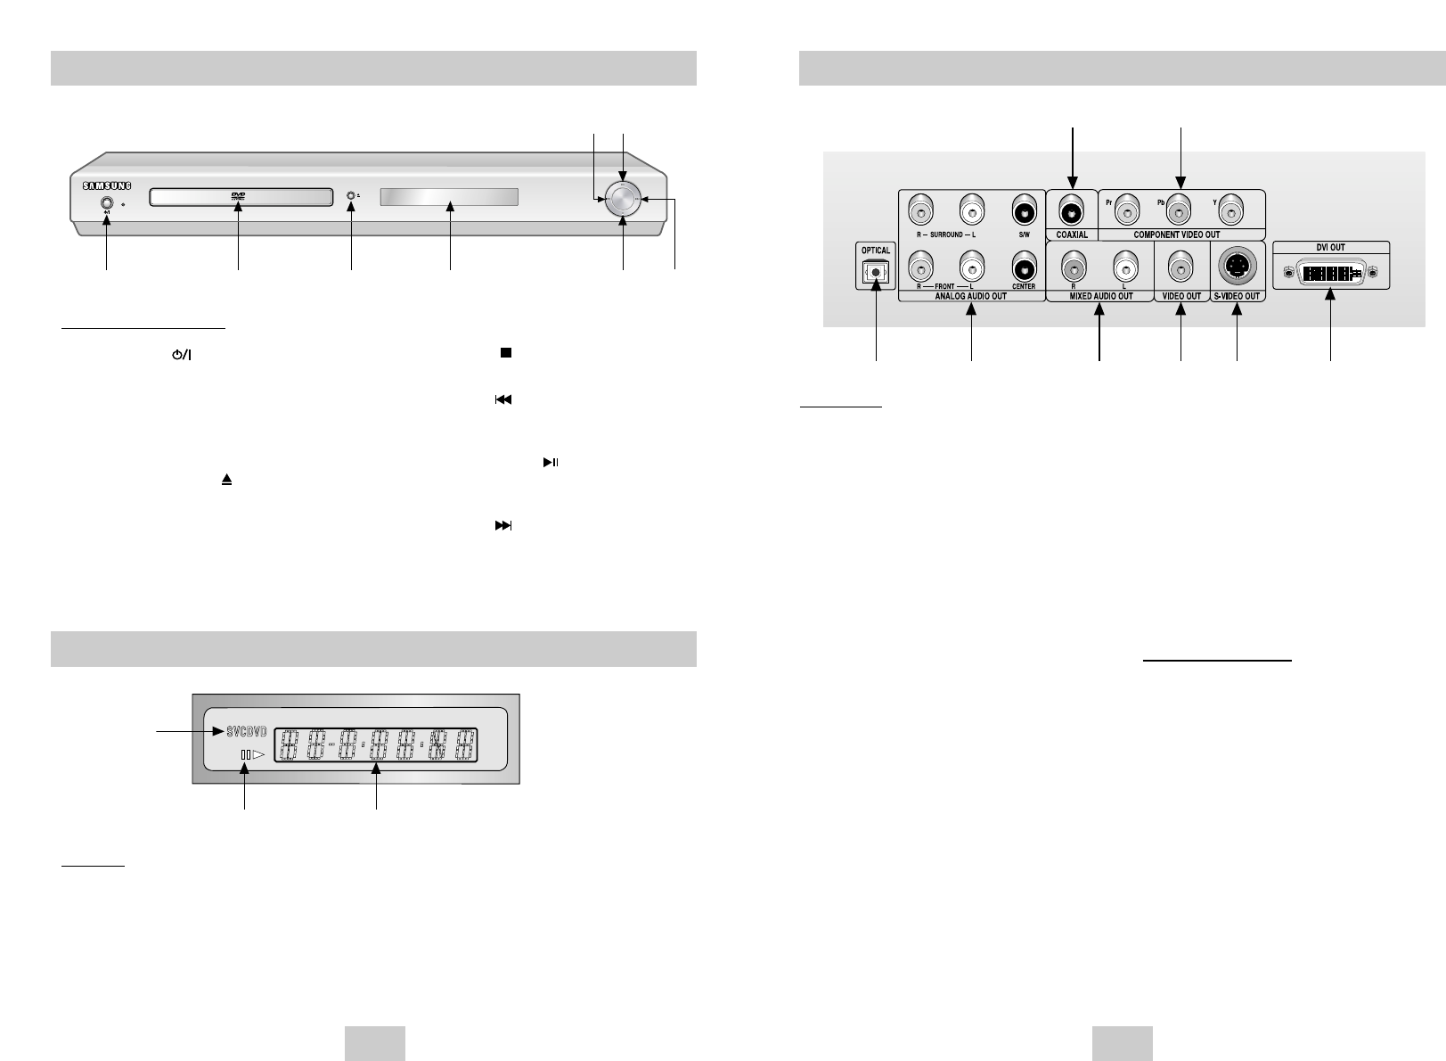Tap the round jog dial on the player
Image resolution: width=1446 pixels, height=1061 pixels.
tap(622, 200)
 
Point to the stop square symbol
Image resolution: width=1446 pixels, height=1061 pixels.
tap(504, 353)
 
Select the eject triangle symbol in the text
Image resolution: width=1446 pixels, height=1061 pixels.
tap(227, 480)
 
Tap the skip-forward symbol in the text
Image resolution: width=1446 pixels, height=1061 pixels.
tap(503, 526)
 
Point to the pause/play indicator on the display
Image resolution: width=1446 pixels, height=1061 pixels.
tap(252, 755)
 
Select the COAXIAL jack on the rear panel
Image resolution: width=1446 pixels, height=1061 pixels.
tap(1072, 213)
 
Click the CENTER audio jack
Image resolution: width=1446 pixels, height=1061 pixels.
tap(1025, 265)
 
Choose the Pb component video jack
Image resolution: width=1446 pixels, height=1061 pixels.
tap(1181, 212)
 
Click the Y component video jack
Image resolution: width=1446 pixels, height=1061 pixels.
tap(1233, 212)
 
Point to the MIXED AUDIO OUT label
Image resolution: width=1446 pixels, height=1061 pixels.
tap(1100, 296)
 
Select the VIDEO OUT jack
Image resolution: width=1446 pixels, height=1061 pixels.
tap(1181, 266)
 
